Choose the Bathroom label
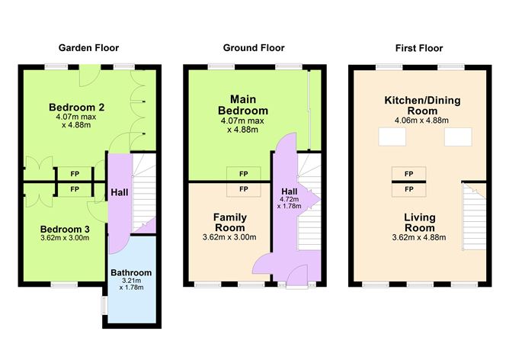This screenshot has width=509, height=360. [x=131, y=272]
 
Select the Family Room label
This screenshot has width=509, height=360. [x=229, y=222]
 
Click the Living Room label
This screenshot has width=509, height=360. [x=419, y=222]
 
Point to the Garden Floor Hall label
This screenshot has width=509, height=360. [x=118, y=192]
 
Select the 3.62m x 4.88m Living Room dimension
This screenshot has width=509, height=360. [x=419, y=237]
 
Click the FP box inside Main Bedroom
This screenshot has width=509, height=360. [x=243, y=174]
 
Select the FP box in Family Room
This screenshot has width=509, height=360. [x=243, y=188]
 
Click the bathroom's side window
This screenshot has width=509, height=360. [x=103, y=304]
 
